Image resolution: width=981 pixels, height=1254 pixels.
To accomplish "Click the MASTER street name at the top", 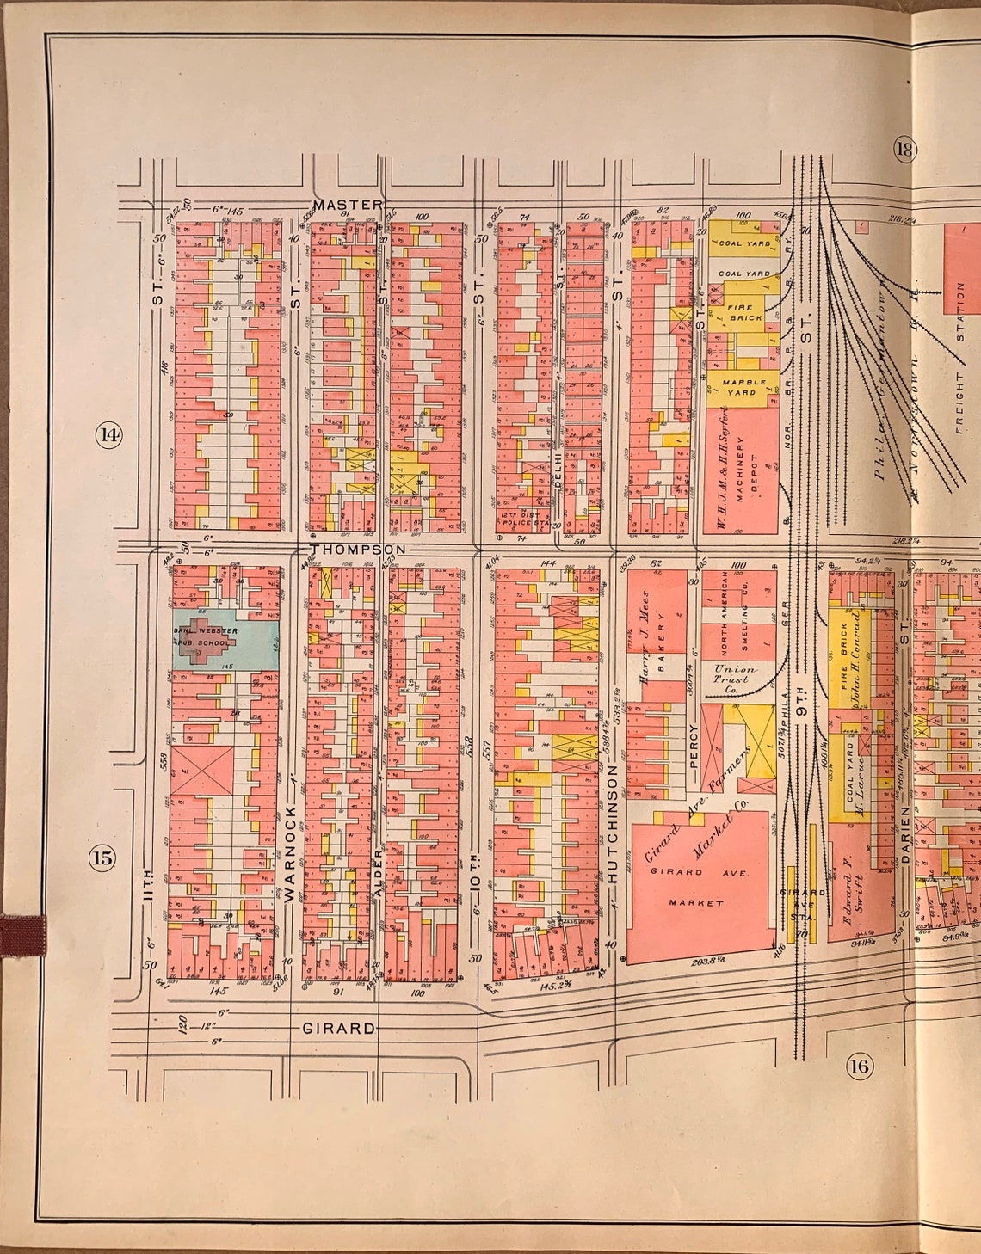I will point(347,205).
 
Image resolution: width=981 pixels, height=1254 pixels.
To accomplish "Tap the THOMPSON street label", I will point(357,549).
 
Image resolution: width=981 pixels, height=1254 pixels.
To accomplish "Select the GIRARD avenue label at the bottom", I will point(338,1028).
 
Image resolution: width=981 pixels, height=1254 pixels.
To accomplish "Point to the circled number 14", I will point(108,434).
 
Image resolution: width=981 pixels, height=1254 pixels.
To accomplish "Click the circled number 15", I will point(103,857).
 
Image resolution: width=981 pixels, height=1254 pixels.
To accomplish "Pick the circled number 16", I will point(858,1067).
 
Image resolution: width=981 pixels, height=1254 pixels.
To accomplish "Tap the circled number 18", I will point(904,150).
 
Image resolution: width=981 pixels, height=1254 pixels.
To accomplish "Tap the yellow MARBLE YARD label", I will point(738,386).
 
